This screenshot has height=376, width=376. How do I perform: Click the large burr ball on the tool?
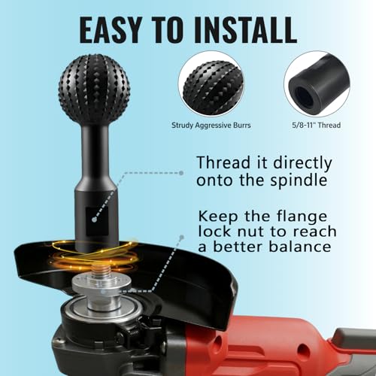(95, 89)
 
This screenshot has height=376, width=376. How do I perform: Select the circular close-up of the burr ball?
(211, 84)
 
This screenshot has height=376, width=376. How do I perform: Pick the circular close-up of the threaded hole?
(317, 84)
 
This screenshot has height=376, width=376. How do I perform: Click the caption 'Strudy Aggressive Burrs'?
(211, 125)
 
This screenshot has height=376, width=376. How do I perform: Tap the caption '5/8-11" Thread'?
(317, 125)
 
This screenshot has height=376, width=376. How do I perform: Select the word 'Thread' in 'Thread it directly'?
(223, 162)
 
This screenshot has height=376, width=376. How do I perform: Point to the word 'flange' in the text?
(302, 217)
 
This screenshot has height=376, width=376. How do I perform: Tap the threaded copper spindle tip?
(102, 271)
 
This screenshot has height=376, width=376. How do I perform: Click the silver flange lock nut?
(102, 289)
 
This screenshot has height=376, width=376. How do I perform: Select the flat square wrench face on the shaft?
(97, 221)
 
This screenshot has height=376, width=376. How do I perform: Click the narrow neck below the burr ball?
(95, 150)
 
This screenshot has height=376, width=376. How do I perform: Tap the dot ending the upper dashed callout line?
(181, 173)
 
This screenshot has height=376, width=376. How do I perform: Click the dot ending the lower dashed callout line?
(182, 237)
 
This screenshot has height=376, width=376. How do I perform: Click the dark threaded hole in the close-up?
(304, 96)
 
